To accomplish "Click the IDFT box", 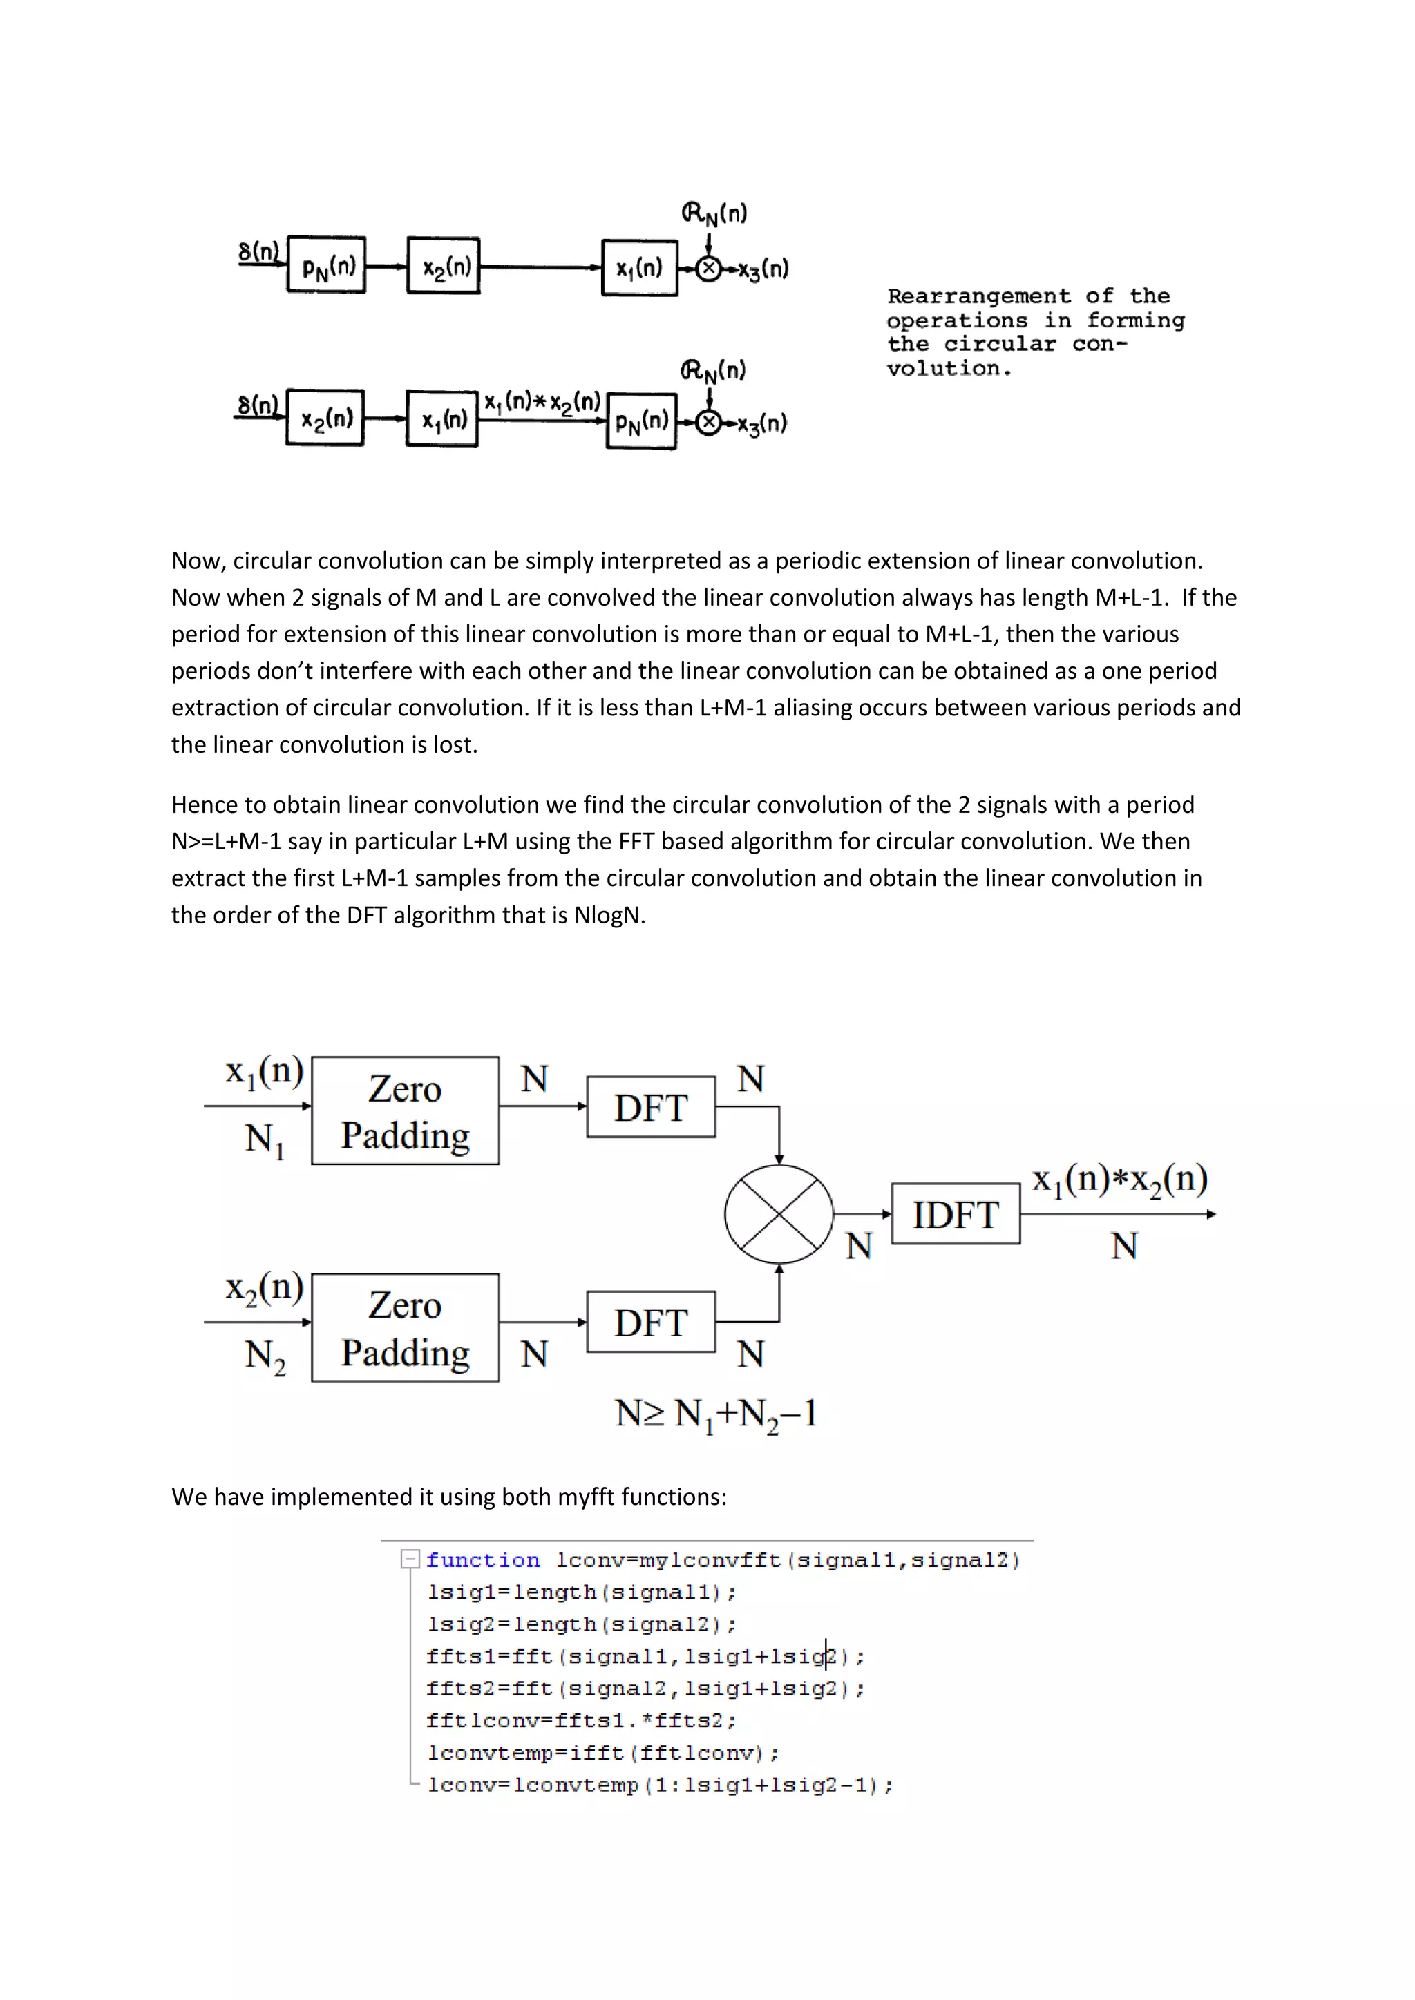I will tap(955, 1213).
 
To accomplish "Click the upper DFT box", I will tap(651, 1106).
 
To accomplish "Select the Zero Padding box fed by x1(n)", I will tap(405, 1110).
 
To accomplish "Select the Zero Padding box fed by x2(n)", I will tap(405, 1327).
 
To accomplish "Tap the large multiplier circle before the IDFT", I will tap(778, 1214).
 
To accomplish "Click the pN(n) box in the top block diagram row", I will tap(327, 265).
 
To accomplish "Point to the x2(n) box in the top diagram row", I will tap(444, 266).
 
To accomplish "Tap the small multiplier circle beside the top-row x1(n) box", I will tap(710, 268).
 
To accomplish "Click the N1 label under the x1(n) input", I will tap(265, 1140).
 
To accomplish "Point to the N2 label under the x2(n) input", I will tap(265, 1356).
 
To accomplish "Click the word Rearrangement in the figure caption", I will tap(978, 296).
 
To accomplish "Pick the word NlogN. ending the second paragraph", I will tap(609, 916).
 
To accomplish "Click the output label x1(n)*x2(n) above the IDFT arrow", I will tap(1119, 1180).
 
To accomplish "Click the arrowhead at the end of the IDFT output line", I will tap(1211, 1214).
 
